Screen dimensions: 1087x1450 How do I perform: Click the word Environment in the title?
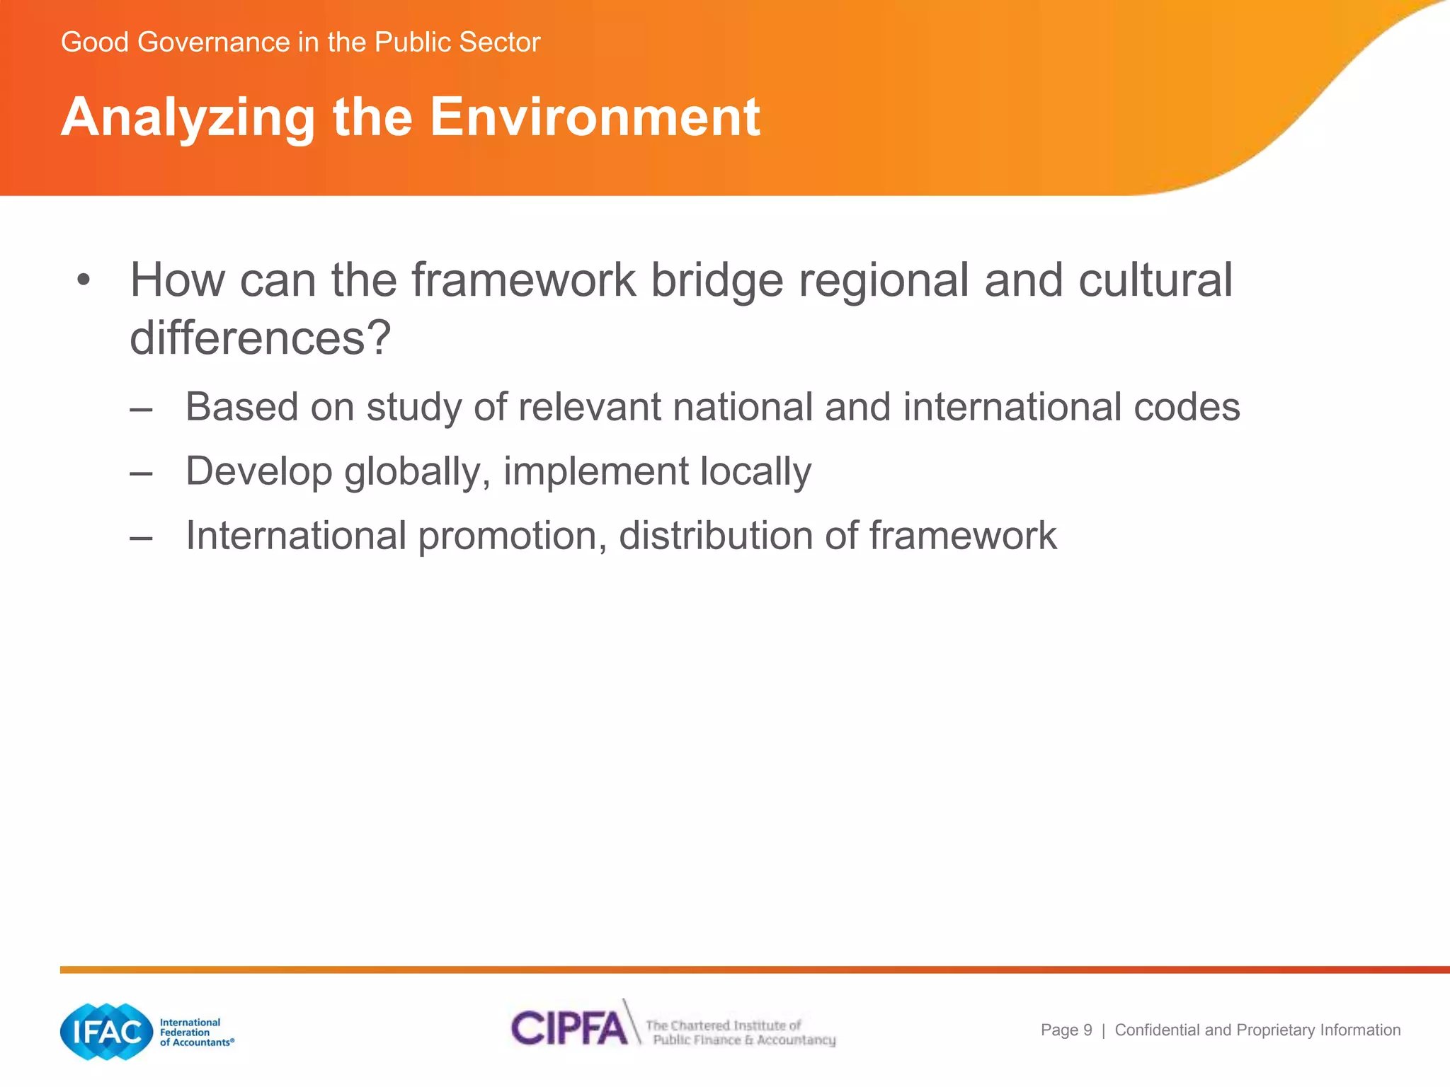595,117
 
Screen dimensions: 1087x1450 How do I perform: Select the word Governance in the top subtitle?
214,42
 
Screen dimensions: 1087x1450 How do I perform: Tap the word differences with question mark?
260,338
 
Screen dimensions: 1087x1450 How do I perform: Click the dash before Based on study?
141,409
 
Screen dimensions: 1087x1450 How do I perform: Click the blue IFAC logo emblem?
107,1031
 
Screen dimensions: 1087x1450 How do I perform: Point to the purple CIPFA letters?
569,1028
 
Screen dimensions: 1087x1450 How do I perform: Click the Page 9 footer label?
1066,1030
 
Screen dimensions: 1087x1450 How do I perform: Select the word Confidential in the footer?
1157,1030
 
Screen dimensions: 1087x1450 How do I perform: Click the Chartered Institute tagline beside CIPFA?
740,1033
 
